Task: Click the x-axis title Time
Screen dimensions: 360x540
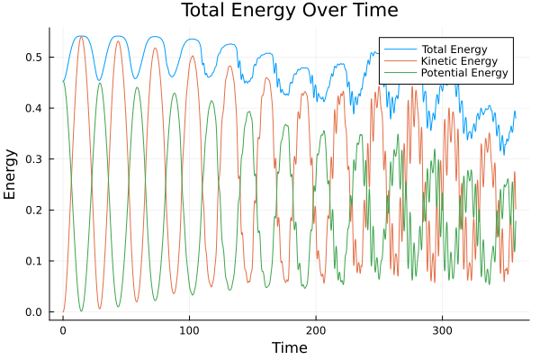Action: click(x=289, y=347)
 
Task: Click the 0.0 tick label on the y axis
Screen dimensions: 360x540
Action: click(x=33, y=312)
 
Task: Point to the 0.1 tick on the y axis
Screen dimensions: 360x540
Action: click(x=33, y=261)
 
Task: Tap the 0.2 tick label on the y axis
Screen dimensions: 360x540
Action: click(x=33, y=211)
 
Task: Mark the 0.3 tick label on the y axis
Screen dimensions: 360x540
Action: click(x=33, y=159)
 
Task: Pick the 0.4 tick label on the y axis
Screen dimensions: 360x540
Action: click(x=33, y=108)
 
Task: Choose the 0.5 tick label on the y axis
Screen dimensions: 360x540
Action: click(x=33, y=58)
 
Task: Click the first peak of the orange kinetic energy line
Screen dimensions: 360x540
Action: click(x=80, y=37)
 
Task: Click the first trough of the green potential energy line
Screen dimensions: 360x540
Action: click(x=80, y=311)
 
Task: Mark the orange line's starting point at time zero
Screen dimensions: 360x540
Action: click(x=63, y=311)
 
